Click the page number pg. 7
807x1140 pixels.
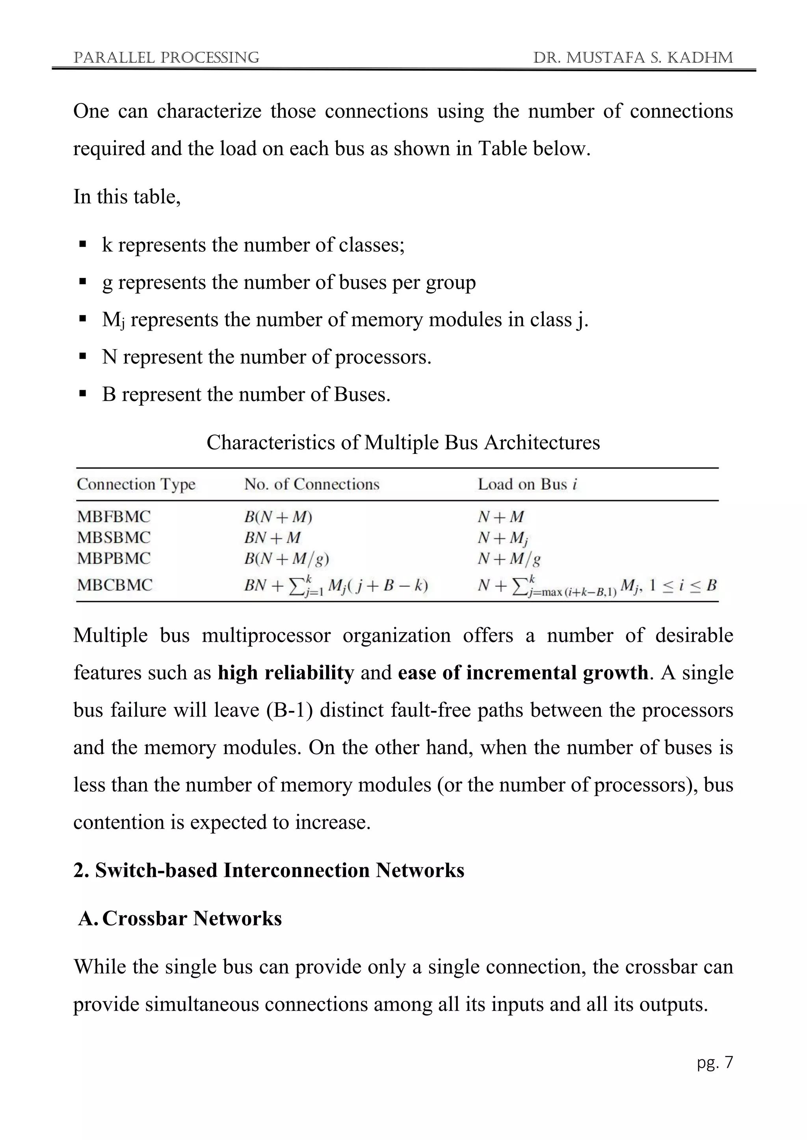714,1062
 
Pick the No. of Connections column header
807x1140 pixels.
312,484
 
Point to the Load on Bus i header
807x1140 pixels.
527,484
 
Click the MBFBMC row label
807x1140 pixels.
113,516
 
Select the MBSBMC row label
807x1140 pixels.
113,537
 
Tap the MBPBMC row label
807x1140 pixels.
113,558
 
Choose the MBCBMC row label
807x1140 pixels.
114,585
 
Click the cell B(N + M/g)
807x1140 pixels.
286,559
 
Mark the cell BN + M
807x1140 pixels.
272,538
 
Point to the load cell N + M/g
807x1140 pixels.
509,559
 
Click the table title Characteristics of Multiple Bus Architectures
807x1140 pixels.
403,442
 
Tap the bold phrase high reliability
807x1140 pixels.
286,673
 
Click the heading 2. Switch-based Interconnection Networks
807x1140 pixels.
268,870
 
